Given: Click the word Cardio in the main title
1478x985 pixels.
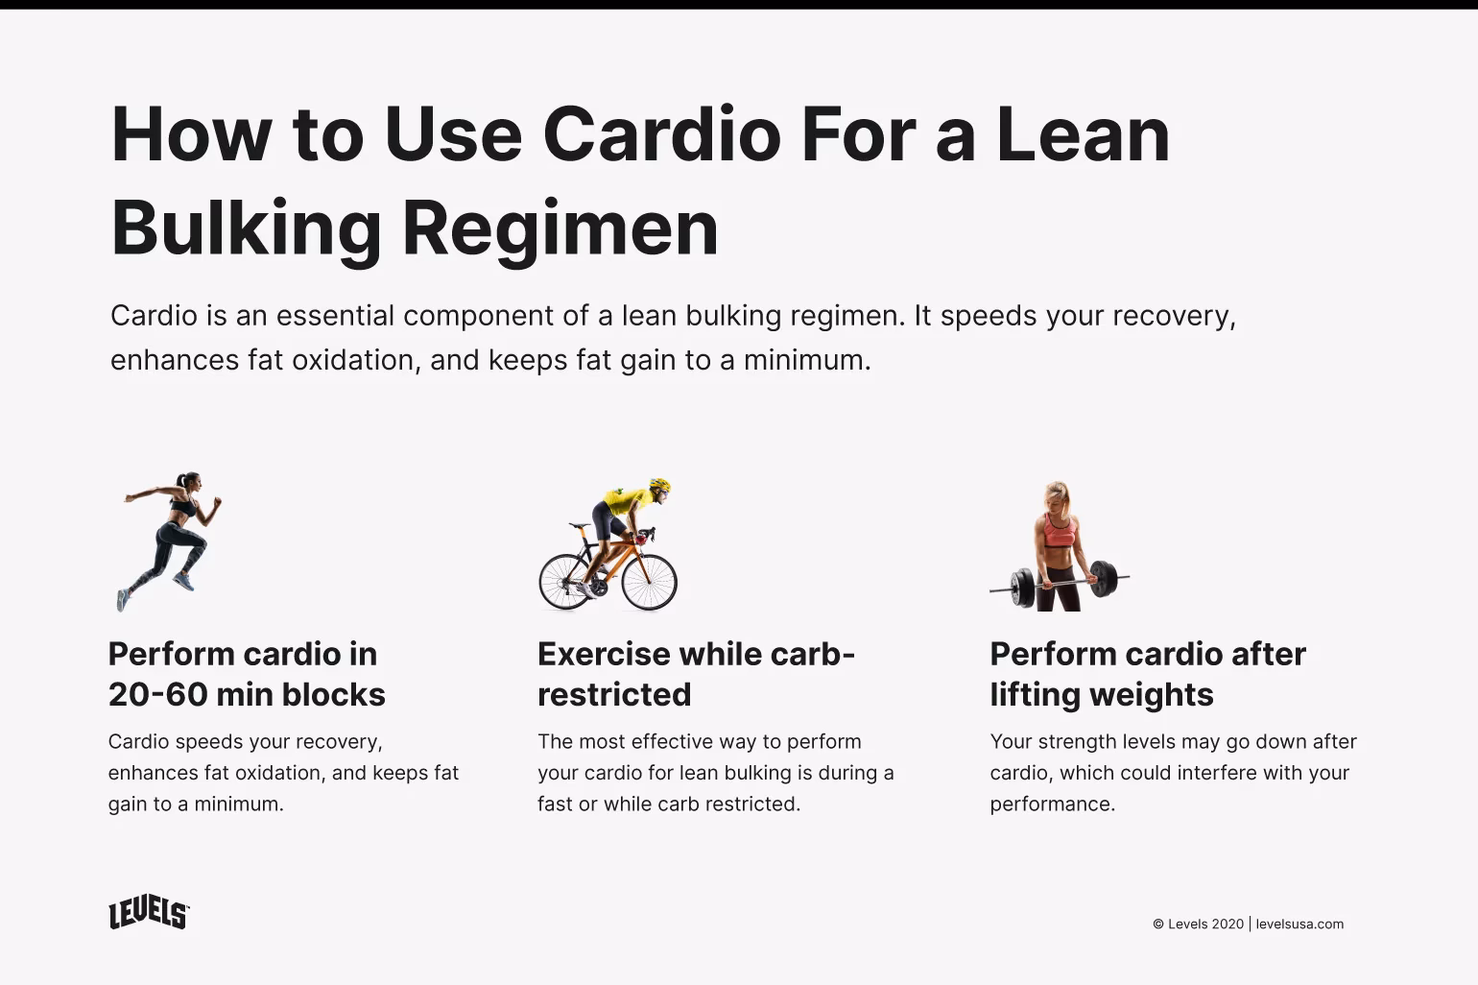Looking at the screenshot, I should pyautogui.click(x=662, y=134).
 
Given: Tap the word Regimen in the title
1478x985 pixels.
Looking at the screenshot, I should pyautogui.click(x=560, y=228).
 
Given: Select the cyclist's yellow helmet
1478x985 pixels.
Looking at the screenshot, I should pyautogui.click(x=659, y=486).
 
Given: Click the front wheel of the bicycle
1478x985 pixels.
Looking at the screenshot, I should pyautogui.click(x=649, y=582).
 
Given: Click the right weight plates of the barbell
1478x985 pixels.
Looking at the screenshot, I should pyautogui.click(x=1104, y=578).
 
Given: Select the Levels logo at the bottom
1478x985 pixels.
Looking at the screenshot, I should pyautogui.click(x=149, y=914).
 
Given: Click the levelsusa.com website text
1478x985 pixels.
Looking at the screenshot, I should pyautogui.click(x=1299, y=924).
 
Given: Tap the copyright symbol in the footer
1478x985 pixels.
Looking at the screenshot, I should pyautogui.click(x=1158, y=924).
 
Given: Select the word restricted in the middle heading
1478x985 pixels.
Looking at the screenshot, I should pyautogui.click(x=614, y=694).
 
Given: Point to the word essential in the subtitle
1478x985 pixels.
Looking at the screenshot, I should pyautogui.click(x=334, y=316).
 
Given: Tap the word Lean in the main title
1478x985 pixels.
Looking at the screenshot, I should pyautogui.click(x=1083, y=134).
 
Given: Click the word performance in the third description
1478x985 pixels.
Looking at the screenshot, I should pyautogui.click(x=1052, y=804).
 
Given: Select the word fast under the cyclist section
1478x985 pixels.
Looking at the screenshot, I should pyautogui.click(x=554, y=804).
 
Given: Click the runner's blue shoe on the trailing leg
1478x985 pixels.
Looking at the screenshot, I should pyautogui.click(x=123, y=599).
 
